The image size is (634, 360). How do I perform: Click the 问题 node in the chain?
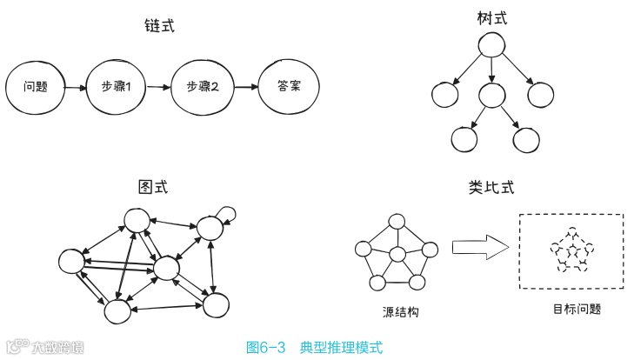coord(36,88)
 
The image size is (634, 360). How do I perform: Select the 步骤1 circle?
coord(117,88)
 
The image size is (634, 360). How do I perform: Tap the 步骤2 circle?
coord(201,88)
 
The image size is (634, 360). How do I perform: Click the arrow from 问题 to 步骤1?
coord(76,88)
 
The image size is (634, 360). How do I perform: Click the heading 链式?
coord(159,27)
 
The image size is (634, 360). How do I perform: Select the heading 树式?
coord(491,17)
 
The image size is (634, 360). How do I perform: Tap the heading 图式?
coord(153,188)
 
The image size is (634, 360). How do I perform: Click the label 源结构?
coord(400,312)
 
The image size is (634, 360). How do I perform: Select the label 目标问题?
coord(577,309)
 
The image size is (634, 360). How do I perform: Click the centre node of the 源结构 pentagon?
coord(398,255)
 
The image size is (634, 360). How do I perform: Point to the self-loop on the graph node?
coord(229,211)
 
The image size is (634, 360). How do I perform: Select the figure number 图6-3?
coord(267,347)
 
